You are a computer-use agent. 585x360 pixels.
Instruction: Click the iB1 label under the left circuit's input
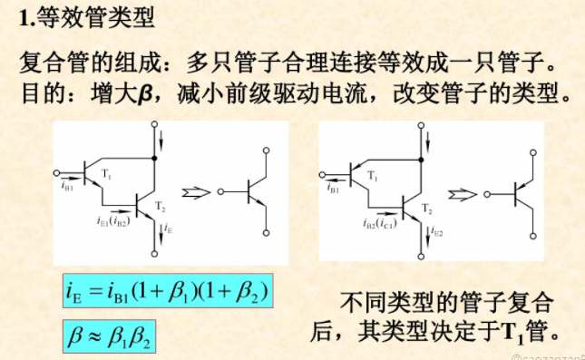[68, 189]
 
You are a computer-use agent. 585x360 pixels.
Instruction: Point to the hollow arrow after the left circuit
[193, 192]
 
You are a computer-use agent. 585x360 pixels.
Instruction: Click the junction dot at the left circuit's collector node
[156, 158]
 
